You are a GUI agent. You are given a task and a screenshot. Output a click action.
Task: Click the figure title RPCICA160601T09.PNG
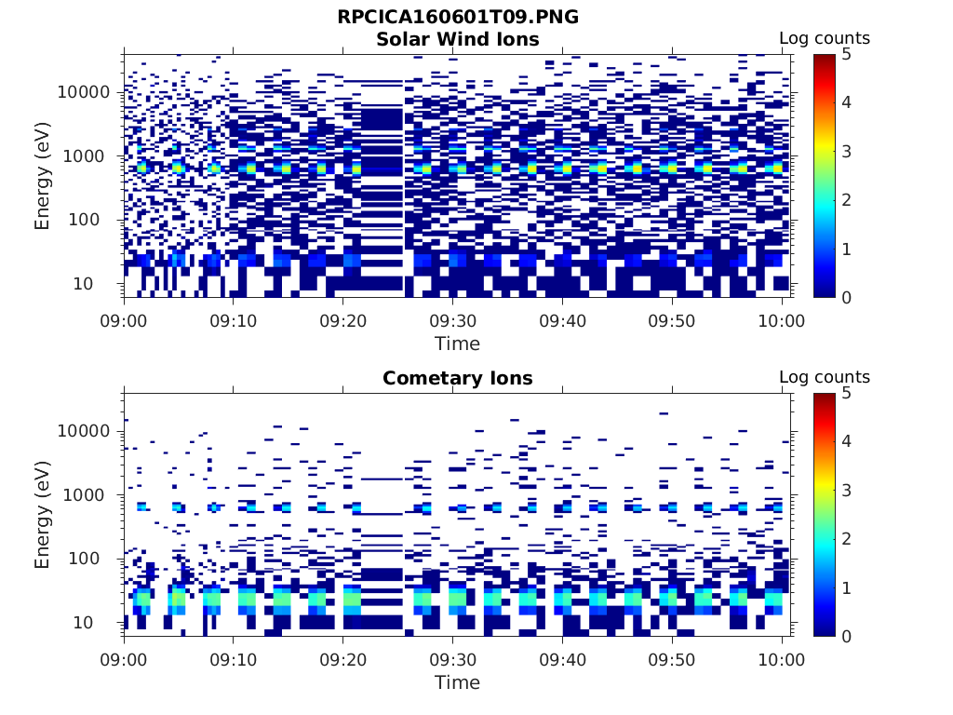click(457, 18)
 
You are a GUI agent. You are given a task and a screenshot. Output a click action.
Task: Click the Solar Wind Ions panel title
click(457, 39)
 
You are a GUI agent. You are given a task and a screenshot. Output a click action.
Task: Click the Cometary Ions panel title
click(457, 378)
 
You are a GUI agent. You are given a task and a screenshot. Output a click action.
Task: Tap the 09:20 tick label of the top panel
click(343, 321)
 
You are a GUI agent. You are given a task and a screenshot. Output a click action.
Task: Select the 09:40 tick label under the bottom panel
click(562, 660)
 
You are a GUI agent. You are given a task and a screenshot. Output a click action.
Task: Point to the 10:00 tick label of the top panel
click(782, 321)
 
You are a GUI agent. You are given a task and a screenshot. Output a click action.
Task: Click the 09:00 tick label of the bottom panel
click(125, 660)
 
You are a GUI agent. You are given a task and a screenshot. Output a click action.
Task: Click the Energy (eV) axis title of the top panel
click(43, 176)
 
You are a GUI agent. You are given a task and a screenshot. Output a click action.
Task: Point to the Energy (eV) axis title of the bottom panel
click(43, 515)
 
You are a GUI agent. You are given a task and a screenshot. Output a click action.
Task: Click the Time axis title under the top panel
click(457, 344)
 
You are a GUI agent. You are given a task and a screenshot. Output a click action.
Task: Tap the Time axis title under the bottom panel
click(457, 682)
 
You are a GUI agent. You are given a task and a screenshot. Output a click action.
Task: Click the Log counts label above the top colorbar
click(824, 39)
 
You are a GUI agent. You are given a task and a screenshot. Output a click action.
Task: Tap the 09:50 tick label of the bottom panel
click(672, 660)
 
